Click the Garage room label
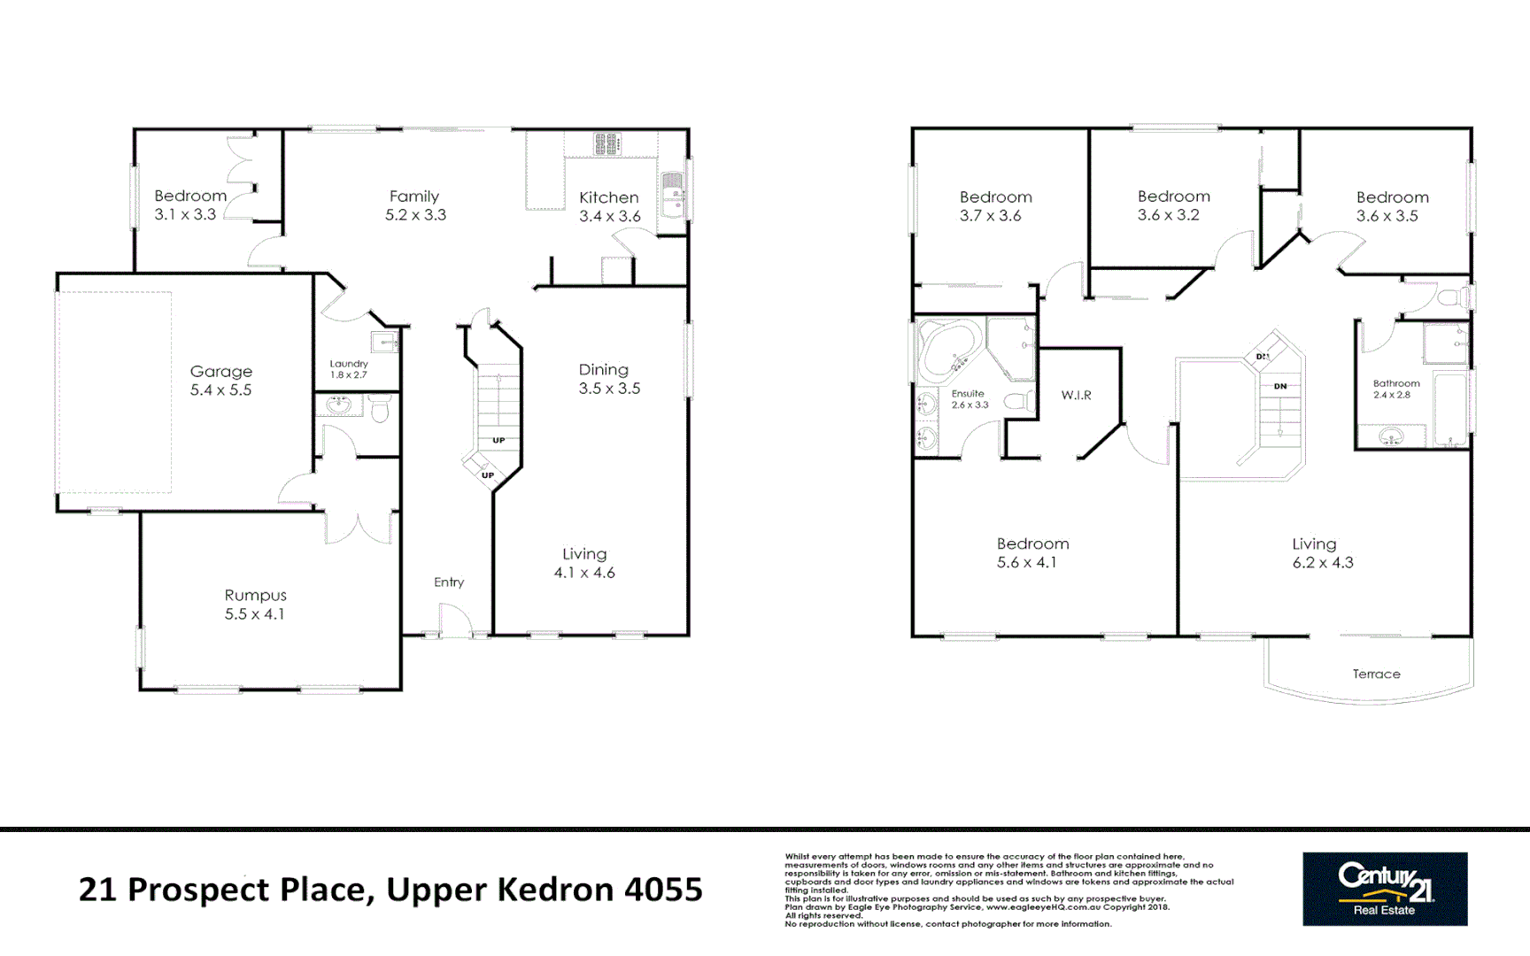(x=221, y=372)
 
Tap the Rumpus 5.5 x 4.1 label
(x=255, y=605)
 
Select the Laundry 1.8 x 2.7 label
(x=349, y=369)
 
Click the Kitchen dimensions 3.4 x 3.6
(x=609, y=216)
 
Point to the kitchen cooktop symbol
(x=607, y=143)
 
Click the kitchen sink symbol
(x=673, y=194)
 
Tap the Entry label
(x=449, y=582)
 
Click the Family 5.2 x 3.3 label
(x=414, y=205)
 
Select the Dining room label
(x=604, y=369)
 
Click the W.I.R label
(x=1076, y=395)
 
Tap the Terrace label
(x=1376, y=674)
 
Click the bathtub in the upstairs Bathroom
(x=1449, y=407)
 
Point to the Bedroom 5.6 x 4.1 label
(x=1032, y=552)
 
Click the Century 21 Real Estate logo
(x=1385, y=889)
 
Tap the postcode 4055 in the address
(x=663, y=889)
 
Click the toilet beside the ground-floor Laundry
(x=381, y=409)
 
